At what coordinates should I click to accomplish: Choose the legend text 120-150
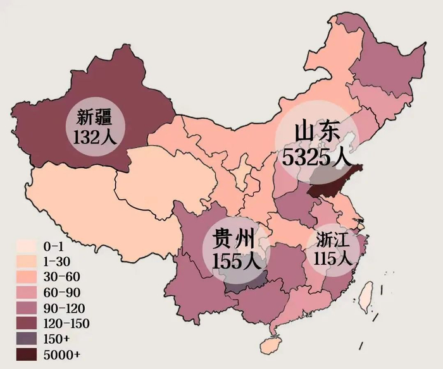[66, 324]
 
